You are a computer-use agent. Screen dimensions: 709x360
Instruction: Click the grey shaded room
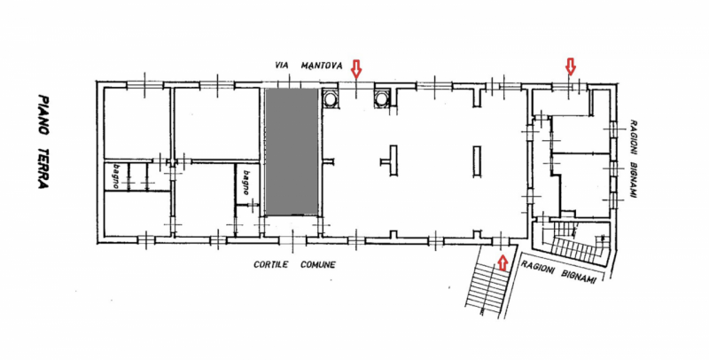[x=292, y=152]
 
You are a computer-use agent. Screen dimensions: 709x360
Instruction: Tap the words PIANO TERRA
[x=43, y=142]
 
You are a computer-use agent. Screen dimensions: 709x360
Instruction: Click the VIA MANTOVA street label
[x=308, y=66]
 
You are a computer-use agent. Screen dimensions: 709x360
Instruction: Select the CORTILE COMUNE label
[x=294, y=264]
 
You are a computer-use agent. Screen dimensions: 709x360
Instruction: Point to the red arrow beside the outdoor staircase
[x=502, y=262]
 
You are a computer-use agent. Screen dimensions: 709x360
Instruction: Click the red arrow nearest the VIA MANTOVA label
[x=357, y=68]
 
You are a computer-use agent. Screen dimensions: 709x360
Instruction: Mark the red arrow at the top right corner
[x=571, y=67]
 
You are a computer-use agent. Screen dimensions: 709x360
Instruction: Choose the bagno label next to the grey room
[x=246, y=183]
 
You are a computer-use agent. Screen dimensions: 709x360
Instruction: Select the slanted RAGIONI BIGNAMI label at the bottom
[x=558, y=272]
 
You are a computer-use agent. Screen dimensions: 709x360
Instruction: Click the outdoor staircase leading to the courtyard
[x=488, y=283]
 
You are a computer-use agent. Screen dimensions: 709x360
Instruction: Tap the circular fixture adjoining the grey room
[x=330, y=98]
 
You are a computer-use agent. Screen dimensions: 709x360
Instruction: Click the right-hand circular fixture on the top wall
[x=382, y=98]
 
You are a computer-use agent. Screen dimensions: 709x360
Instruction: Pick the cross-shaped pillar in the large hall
[x=391, y=160]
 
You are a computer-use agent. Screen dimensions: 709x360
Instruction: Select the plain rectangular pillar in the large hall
[x=477, y=161]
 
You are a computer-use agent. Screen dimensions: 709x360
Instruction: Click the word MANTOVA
[x=322, y=66]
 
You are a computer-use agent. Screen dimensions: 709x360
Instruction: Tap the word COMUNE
[x=318, y=264]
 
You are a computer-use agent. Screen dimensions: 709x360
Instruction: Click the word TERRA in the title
[x=43, y=168]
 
